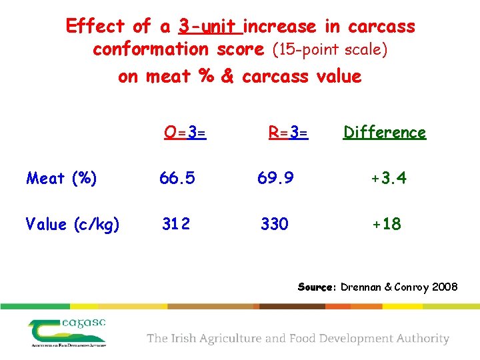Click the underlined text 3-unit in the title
coord(209,27)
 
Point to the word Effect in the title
coord(95,27)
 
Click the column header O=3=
coord(185,133)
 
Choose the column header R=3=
coord(288,133)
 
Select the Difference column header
coord(384,133)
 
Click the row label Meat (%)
coord(61,179)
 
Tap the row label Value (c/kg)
coord(73,225)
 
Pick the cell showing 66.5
coord(177,179)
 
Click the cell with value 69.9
coord(275,179)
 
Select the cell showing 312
coord(176,225)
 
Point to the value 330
coord(275,225)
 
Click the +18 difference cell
coord(387,225)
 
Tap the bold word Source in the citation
coord(317,287)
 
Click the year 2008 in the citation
coord(444,287)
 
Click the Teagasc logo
coord(67,332)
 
